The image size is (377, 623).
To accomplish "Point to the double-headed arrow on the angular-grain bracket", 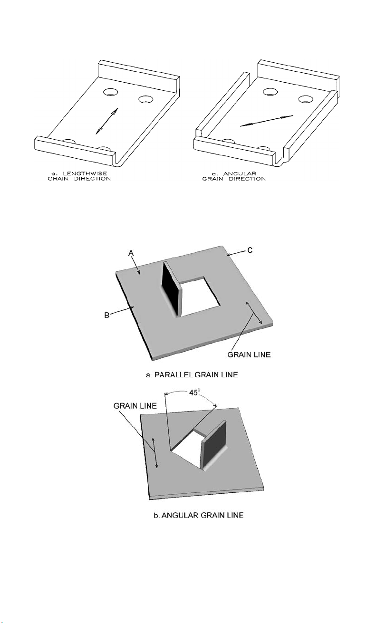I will pos(266,120).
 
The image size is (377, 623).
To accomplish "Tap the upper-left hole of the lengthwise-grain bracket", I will pos(112,92).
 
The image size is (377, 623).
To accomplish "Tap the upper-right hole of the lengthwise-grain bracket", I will pos(145,99).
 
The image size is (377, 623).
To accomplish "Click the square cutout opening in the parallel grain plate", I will pos(200,298).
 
